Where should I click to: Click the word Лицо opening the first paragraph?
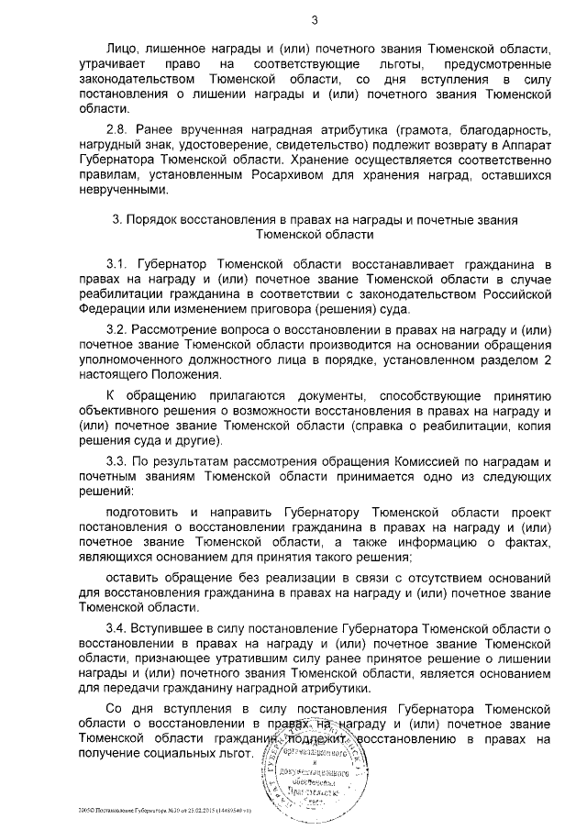tap(122, 46)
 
